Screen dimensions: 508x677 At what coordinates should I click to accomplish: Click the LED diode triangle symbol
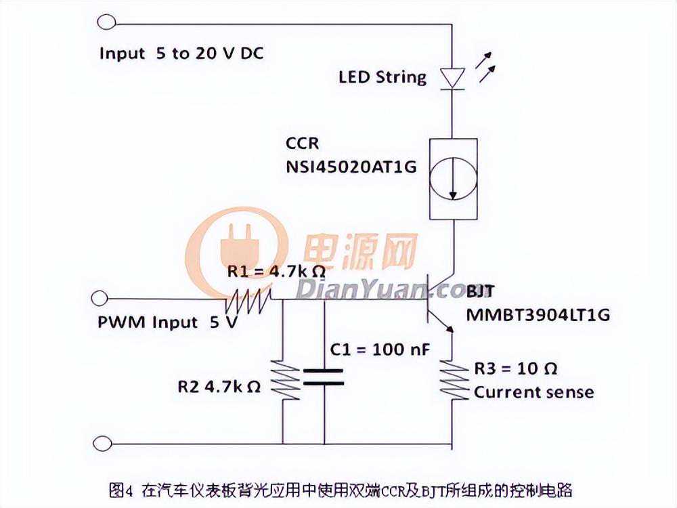tap(452, 77)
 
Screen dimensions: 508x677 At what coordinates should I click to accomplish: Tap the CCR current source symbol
tap(452, 179)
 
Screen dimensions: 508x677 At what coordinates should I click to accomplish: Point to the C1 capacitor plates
tap(324, 377)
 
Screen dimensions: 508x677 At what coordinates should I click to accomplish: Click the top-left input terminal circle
tap(106, 22)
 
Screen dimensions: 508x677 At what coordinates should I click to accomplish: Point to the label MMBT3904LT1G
tap(538, 314)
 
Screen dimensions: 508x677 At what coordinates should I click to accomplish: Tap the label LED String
tap(383, 77)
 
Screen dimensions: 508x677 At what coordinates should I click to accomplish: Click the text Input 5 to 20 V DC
tap(181, 54)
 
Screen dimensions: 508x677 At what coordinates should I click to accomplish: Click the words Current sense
tap(533, 392)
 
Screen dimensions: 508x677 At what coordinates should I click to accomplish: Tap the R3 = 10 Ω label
tap(515, 369)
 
